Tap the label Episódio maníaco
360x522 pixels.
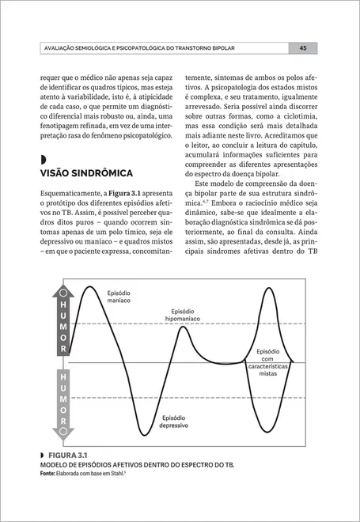click(119, 297)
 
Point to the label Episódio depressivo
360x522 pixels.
click(173, 421)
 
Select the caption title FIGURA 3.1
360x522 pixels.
click(68, 457)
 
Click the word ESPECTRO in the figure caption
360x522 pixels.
click(199, 465)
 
